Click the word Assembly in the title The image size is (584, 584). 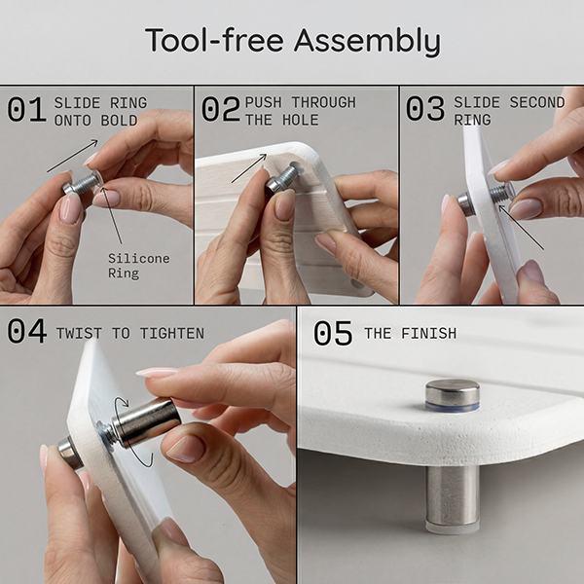click(x=367, y=41)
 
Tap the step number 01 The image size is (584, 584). click(x=26, y=109)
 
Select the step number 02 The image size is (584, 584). click(x=221, y=109)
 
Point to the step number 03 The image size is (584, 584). click(x=425, y=109)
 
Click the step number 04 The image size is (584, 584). click(x=27, y=331)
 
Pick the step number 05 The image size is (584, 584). click(x=333, y=333)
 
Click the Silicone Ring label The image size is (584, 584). click(x=138, y=266)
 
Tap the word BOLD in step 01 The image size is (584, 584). click(x=119, y=121)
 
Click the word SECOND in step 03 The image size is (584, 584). click(x=537, y=102)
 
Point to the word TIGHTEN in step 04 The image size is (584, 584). click(x=172, y=333)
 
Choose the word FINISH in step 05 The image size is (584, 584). click(x=428, y=333)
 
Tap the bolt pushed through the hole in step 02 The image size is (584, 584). click(x=282, y=179)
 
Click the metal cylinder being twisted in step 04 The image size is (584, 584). click(x=146, y=422)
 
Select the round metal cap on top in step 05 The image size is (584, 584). click(x=453, y=395)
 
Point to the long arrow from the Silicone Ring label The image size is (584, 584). click(x=111, y=215)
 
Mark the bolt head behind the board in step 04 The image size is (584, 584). click(x=70, y=452)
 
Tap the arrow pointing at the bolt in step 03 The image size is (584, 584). click(x=521, y=227)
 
